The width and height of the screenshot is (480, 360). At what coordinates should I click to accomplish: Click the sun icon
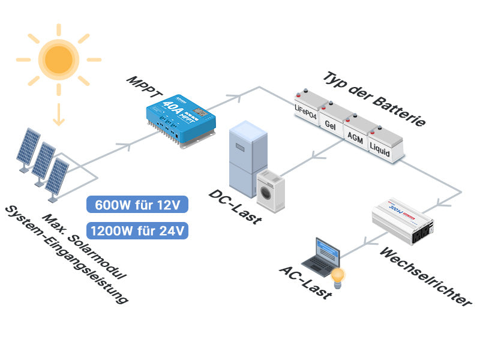(58, 58)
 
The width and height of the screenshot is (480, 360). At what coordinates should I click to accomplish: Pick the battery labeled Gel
(331, 120)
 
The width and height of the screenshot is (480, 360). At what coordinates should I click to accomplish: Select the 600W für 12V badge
(137, 205)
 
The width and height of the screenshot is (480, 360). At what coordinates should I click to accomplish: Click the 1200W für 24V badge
(137, 230)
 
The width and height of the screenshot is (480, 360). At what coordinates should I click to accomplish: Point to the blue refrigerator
(247, 156)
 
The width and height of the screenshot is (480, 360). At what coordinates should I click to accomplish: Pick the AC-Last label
(305, 281)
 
